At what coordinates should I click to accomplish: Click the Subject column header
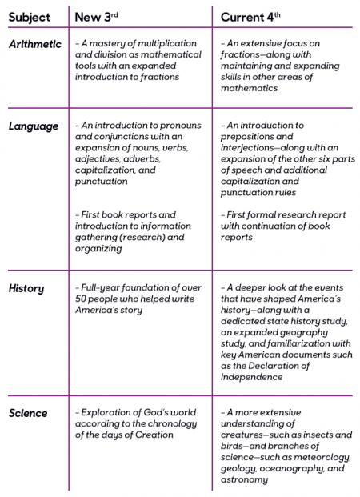point(29,18)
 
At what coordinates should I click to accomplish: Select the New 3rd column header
point(96,17)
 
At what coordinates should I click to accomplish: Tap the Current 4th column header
point(250,17)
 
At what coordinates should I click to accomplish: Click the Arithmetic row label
point(35,44)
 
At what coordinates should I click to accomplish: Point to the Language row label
point(34,126)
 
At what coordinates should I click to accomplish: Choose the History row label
point(26,288)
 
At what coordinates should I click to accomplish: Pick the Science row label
point(28,413)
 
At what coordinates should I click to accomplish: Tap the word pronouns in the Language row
point(180,126)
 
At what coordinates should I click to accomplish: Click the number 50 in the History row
point(81,299)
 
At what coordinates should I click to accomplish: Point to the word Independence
point(252,377)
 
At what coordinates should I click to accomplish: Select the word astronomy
point(244,480)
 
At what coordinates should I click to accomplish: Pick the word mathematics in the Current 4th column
point(249,88)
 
